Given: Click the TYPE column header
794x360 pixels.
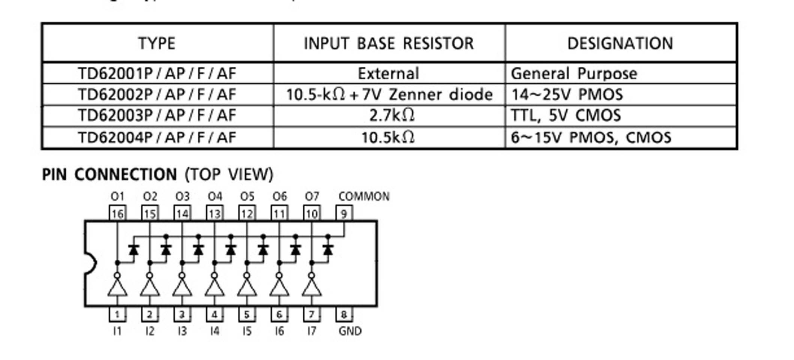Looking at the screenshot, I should click(157, 43).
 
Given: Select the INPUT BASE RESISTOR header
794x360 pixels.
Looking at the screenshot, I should click(389, 43).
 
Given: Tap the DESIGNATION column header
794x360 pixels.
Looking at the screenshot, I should click(620, 43).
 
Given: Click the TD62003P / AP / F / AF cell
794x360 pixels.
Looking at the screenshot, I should click(157, 115).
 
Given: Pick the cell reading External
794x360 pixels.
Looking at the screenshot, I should click(389, 73).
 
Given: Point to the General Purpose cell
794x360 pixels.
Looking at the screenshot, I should click(574, 73).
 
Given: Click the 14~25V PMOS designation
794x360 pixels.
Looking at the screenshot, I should click(567, 94).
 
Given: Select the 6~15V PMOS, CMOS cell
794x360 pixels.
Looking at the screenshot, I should click(591, 138).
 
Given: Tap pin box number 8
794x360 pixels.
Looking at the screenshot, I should click(344, 314).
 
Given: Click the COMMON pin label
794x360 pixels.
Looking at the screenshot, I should click(364, 196).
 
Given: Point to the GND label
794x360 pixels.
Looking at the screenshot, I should click(350, 331).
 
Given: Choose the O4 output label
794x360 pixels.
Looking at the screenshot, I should click(215, 196).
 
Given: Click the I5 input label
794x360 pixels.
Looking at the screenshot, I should click(247, 331).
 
